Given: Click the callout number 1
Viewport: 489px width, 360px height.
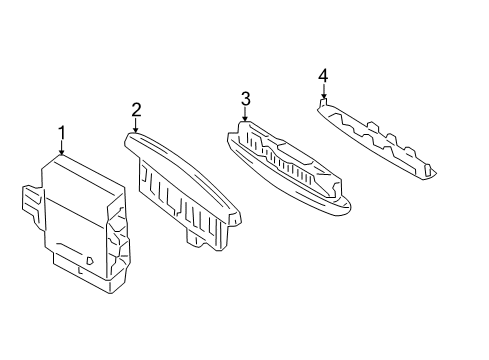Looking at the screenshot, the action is (61, 134).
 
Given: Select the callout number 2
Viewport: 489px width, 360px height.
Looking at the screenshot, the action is (136, 110).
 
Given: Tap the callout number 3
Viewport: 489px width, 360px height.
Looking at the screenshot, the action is (245, 99).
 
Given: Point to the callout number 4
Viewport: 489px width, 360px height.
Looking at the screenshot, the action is (323, 76).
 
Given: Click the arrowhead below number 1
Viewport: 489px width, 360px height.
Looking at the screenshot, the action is (61, 153).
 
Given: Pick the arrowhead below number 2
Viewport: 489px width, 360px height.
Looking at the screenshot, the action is (135, 130).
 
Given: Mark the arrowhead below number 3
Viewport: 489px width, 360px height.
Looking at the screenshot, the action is (245, 119).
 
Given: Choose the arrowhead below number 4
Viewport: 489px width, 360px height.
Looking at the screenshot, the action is (323, 96).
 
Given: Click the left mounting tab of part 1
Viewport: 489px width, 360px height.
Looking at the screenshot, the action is (32, 202).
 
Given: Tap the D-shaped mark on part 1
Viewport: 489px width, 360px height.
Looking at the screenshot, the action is (90, 260).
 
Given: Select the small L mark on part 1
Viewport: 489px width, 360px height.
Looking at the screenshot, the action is (80, 271).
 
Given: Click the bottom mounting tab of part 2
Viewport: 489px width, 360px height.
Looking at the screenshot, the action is (193, 239).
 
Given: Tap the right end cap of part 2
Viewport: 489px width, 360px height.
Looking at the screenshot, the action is (235, 218).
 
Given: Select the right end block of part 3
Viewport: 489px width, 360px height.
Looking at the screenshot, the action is (333, 188).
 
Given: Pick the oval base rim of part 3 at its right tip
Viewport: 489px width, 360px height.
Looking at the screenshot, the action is (350, 206).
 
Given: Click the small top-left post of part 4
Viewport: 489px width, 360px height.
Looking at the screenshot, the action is (323, 101).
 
